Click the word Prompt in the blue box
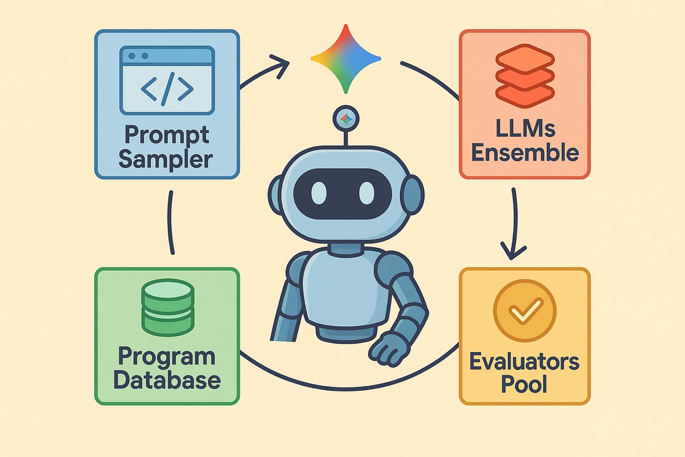pyautogui.click(x=167, y=136)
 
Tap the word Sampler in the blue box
pyautogui.click(x=167, y=159)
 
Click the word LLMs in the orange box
pyautogui.click(x=525, y=130)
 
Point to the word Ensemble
pyautogui.click(x=525, y=153)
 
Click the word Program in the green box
pyautogui.click(x=167, y=357)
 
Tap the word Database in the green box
pyautogui.click(x=167, y=380)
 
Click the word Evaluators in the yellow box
pyautogui.click(x=525, y=361)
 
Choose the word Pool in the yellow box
pyautogui.click(x=525, y=384)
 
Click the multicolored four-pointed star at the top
pyautogui.click(x=345, y=58)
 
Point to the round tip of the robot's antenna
pyautogui.click(x=345, y=118)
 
